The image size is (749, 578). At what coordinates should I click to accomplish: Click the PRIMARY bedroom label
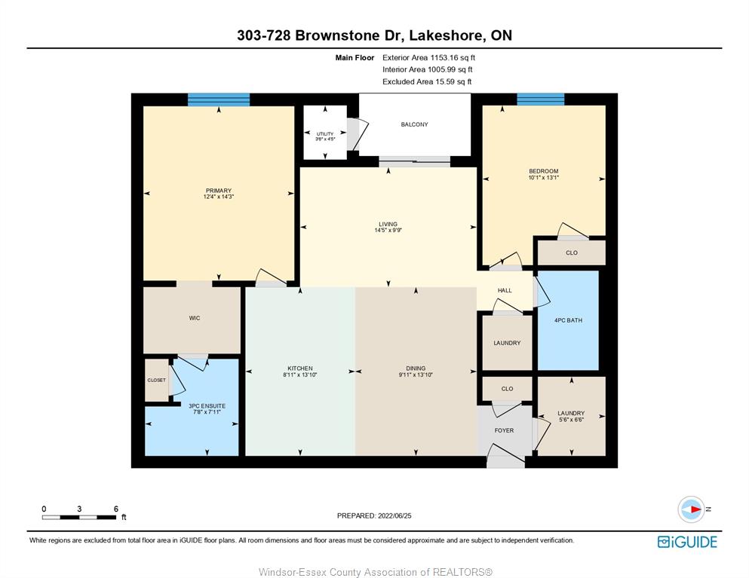[218, 191]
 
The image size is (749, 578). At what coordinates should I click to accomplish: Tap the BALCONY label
[414, 124]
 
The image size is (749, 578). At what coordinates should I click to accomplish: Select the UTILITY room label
[325, 134]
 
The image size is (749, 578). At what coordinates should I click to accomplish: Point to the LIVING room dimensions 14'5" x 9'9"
[388, 231]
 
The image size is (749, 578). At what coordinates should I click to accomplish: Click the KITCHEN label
[300, 369]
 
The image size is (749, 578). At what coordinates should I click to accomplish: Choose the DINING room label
[416, 369]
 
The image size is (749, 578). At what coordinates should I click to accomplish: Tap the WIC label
[195, 318]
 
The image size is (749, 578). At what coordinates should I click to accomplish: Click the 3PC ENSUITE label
[207, 406]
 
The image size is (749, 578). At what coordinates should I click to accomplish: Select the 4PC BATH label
[568, 320]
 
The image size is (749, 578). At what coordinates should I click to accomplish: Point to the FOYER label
[504, 430]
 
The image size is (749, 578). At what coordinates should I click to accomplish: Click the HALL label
[505, 290]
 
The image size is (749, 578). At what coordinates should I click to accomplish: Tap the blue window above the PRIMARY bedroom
[219, 99]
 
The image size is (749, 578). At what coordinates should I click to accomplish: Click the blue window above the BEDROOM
[541, 99]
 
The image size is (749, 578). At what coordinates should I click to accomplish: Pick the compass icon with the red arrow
[691, 509]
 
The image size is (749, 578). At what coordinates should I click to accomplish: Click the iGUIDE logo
[687, 542]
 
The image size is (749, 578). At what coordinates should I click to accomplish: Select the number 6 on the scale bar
[115, 509]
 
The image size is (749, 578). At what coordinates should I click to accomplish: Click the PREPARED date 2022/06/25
[394, 516]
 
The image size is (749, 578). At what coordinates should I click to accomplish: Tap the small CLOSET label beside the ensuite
[156, 381]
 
